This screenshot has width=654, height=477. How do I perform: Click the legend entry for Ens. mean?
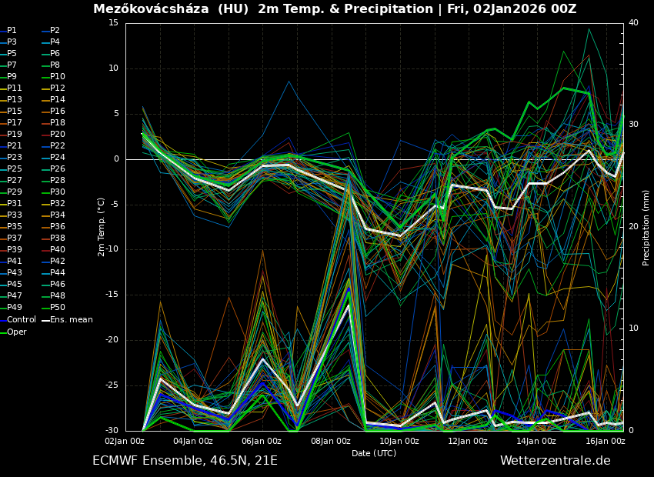[x=72, y=319]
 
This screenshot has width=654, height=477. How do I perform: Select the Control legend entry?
[x=21, y=319]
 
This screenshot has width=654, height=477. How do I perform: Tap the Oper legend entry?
[x=16, y=332]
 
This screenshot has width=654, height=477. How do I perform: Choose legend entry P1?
[x=12, y=31]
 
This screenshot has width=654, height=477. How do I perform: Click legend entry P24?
[x=58, y=158]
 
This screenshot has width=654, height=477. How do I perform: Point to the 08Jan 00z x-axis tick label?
[x=331, y=441]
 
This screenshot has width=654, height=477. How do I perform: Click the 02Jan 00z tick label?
[x=125, y=441]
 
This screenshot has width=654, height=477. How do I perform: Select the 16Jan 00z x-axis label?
[x=606, y=441]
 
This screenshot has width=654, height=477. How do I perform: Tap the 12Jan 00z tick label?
[x=468, y=441]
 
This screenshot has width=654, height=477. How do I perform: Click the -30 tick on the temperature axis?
[x=112, y=430]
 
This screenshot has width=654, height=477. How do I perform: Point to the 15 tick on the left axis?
[x=114, y=23]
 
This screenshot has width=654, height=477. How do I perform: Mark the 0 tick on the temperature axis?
[x=117, y=159]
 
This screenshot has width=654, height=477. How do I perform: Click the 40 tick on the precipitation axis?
[x=633, y=23]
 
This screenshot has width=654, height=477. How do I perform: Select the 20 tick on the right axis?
[x=633, y=226]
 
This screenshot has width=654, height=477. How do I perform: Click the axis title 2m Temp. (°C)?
[x=102, y=227]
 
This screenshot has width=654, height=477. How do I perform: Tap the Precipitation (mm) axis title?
[x=646, y=227]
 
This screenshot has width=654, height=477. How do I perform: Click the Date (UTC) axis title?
[x=374, y=453]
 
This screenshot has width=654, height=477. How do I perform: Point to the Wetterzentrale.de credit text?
[x=555, y=461]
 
